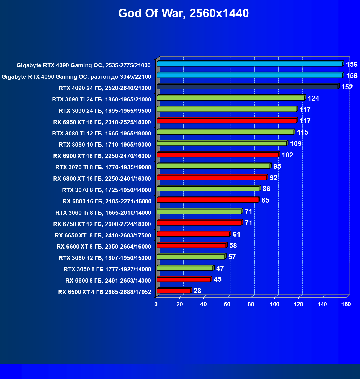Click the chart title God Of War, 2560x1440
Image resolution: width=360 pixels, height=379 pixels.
coord(183,13)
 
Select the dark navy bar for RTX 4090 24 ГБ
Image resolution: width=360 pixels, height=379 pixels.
coord(247,87)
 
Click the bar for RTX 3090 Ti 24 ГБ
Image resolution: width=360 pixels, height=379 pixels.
coord(230,98)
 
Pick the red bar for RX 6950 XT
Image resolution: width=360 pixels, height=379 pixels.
coord(226,121)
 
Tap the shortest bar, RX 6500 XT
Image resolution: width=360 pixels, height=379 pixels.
coord(173,291)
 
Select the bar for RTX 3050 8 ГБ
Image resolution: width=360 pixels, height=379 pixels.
coord(185,268)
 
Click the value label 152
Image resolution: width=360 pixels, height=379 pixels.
coord(347,87)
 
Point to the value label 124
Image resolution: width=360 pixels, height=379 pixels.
coord(313,98)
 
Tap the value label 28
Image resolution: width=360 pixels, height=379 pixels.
coord(197,291)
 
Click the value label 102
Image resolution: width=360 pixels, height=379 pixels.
coord(287,155)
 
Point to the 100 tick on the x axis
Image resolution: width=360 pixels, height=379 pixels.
coord(275,304)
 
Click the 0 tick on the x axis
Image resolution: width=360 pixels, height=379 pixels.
coord(156,304)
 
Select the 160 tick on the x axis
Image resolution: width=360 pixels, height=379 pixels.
coord(346,304)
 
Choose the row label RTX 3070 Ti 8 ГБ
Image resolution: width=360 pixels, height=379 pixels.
coord(103,167)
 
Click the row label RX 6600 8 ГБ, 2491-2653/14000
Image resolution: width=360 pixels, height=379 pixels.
coord(108,281)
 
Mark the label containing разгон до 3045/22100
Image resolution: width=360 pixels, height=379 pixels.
coord(76,77)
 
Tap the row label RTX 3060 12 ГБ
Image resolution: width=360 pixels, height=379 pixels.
coord(105,258)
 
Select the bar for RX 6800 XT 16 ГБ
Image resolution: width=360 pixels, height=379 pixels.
coord(212,178)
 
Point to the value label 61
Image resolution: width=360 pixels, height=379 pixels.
coord(236,234)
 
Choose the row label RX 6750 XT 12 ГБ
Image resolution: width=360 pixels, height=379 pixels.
coord(102,224)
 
